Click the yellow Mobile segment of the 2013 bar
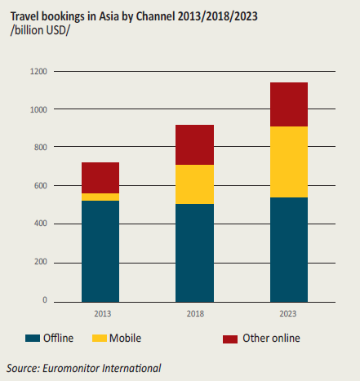[100, 197]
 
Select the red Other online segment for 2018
[194, 144]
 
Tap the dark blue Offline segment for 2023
[289, 250]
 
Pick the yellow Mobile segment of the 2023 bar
[289, 162]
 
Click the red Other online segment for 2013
[100, 178]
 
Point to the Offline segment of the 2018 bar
[194, 253]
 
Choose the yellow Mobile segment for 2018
[194, 184]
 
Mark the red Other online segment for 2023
[289, 104]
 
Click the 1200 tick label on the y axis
[38, 72]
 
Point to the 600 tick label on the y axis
[41, 186]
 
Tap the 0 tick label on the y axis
[45, 300]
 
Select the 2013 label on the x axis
[103, 314]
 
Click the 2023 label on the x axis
[288, 314]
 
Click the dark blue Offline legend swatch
[33, 339]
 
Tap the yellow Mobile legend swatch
[100, 339]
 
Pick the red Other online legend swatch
[230, 339]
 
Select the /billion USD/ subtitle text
[40, 30]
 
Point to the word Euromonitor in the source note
[71, 368]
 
